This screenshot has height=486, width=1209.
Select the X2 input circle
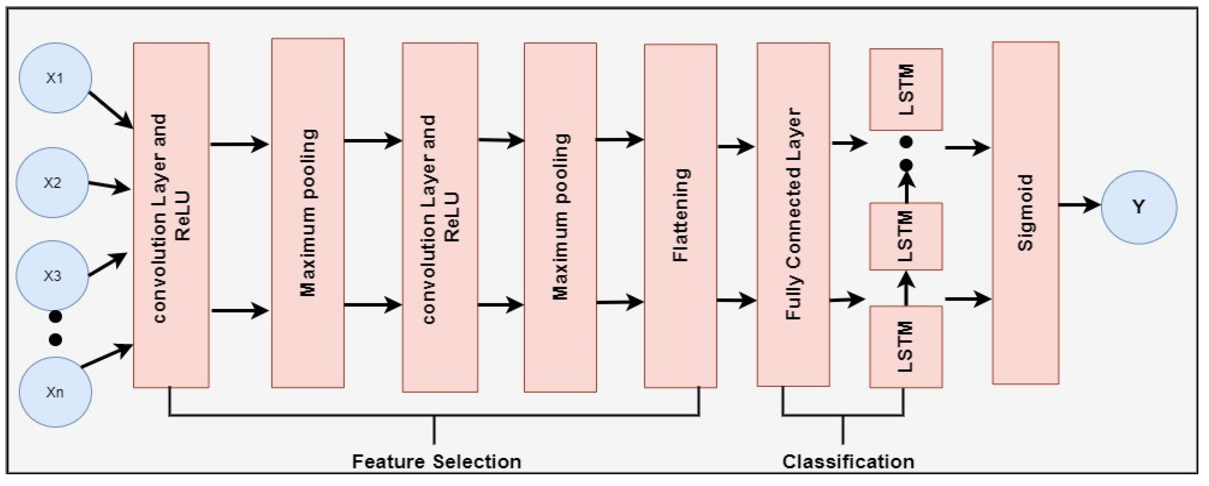coord(52,182)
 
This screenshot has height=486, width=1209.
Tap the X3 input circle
coord(52,276)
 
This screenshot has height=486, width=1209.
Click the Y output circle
coord(1139,207)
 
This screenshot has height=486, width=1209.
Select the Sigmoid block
coord(1025,213)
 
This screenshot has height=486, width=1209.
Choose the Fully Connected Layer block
coord(793,215)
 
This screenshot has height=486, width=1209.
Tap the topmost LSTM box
coord(905,89)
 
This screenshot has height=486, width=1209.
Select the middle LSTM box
coord(905,236)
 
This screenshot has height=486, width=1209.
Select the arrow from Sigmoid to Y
coord(1079,205)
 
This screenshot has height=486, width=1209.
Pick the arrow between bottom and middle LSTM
coord(906,288)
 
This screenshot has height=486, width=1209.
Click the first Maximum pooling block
coord(308,213)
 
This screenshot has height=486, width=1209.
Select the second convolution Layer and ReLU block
coord(440,218)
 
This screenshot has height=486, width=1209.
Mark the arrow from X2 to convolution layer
coord(109,186)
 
